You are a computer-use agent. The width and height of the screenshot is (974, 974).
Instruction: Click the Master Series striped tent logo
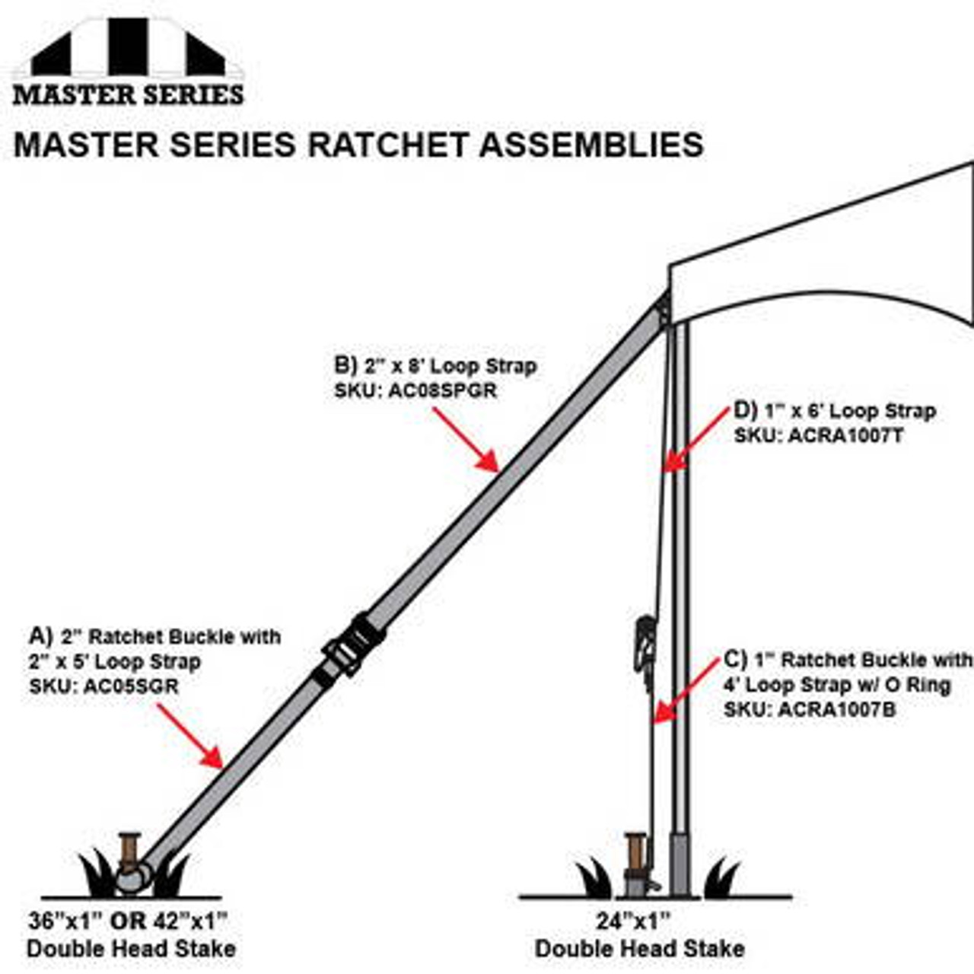129,61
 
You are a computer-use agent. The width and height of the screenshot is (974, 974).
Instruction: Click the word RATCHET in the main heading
388,145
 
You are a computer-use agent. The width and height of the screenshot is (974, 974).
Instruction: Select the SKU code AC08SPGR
442,390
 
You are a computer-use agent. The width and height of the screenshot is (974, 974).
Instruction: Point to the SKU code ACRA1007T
845,435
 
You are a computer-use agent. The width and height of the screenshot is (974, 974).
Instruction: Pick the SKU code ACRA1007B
837,710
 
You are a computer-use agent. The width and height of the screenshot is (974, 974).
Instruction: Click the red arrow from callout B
466,440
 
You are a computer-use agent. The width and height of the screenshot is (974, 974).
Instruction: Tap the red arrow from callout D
696,441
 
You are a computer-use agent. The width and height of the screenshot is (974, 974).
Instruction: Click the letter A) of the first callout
40,635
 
